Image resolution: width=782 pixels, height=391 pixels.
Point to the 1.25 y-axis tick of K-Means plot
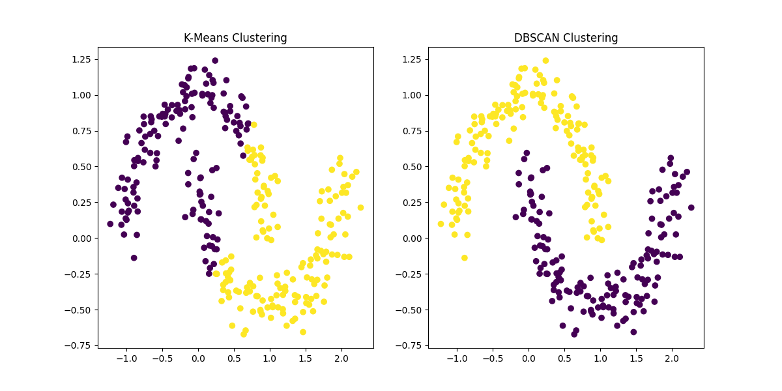(81, 59)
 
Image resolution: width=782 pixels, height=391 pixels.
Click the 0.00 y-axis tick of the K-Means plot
(81, 238)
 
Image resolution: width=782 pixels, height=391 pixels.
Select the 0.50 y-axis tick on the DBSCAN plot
(412, 166)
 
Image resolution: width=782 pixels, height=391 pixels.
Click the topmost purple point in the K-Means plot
(215, 61)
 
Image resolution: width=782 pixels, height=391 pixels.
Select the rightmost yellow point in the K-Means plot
(360, 207)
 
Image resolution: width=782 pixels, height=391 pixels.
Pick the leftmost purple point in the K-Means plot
(110, 224)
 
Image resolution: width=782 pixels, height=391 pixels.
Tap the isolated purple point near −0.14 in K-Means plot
(134, 257)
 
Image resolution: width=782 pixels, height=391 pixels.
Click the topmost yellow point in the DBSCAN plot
(545, 61)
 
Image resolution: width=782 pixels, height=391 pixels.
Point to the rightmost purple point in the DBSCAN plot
(691, 207)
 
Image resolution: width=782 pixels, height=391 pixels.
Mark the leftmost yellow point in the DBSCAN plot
(441, 224)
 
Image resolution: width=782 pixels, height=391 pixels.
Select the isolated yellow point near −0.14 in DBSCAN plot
(464, 257)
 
